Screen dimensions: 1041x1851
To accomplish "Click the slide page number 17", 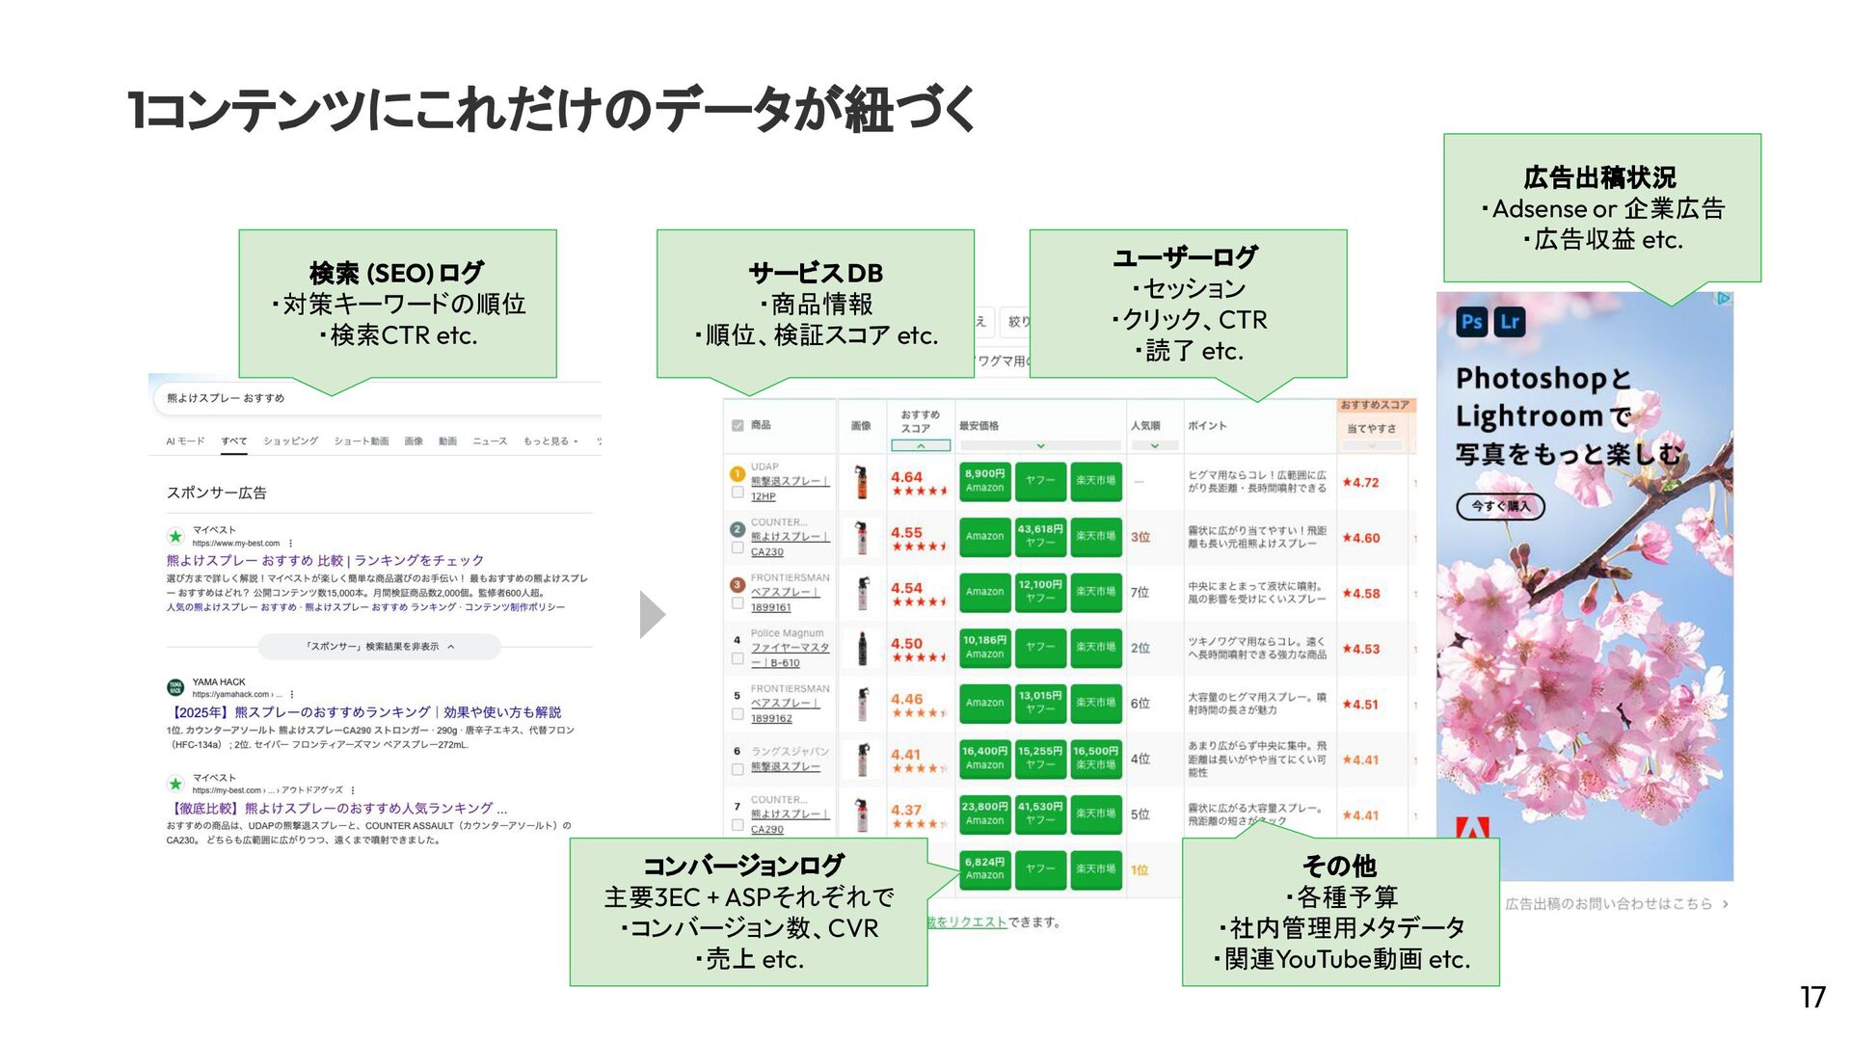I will (x=1812, y=997).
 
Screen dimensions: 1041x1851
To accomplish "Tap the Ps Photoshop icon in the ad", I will (x=1471, y=322).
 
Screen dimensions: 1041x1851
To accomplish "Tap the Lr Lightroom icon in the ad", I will (x=1510, y=322).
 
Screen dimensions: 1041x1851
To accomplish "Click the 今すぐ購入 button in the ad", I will (x=1500, y=506).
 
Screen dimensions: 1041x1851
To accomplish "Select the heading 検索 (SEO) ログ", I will (x=396, y=273).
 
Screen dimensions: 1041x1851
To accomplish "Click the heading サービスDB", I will (x=816, y=273).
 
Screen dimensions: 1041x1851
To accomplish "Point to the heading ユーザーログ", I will (x=1186, y=257).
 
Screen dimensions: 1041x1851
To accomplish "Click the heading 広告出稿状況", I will (x=1600, y=177).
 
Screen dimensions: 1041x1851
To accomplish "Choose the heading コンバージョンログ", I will (x=743, y=866).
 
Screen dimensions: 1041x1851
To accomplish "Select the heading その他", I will (x=1339, y=866).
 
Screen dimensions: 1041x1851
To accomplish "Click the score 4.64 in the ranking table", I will (x=906, y=477).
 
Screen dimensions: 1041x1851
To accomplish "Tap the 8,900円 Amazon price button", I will (x=984, y=480).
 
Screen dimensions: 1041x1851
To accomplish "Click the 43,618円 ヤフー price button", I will (x=1040, y=536).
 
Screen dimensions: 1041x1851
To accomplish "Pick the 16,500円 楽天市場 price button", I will (x=1095, y=758).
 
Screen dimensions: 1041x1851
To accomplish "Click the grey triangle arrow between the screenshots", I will (x=652, y=615).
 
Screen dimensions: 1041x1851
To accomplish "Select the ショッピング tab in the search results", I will (x=290, y=441).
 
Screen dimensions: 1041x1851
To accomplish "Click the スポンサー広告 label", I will (x=217, y=493).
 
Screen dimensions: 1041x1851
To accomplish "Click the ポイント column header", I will (x=1207, y=425).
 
